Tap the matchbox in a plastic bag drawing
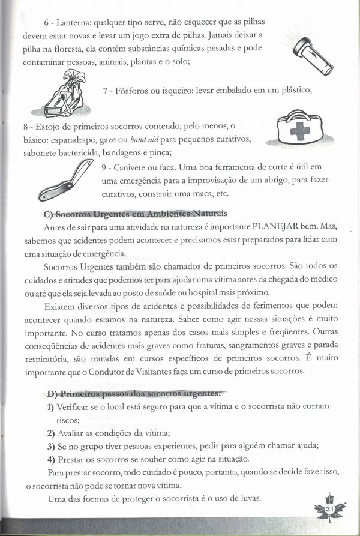point(70,92)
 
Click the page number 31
point(329,509)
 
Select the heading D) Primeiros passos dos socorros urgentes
point(134,394)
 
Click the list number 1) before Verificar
point(50,407)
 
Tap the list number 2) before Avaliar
point(50,433)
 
